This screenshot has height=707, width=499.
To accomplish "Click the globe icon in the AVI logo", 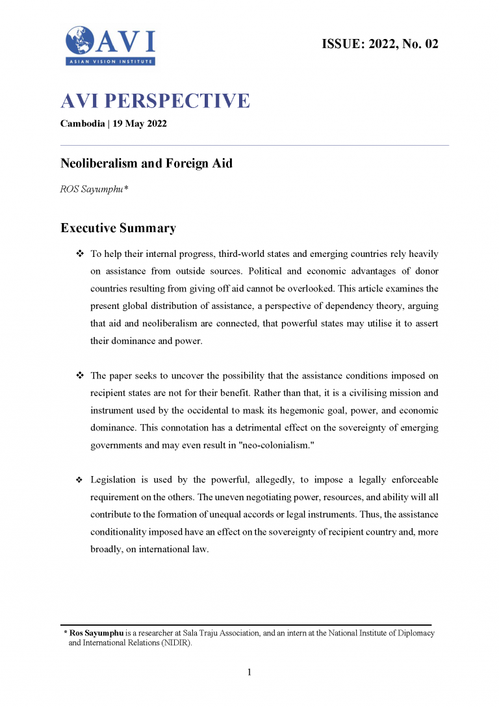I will click(x=79, y=40).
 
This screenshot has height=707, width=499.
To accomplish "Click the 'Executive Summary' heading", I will click(x=118, y=228).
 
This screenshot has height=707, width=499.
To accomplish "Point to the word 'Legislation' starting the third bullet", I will click(x=113, y=480).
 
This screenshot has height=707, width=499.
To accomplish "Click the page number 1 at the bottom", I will click(x=249, y=672).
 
